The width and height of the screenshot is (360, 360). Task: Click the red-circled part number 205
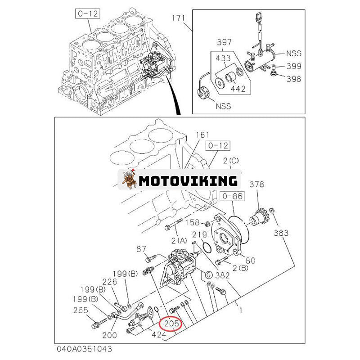(171, 324)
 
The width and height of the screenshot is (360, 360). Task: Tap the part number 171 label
(178, 18)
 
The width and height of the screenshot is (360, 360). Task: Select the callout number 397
(224, 42)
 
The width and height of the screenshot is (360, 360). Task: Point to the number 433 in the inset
(223, 58)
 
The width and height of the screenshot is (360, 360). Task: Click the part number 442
(238, 89)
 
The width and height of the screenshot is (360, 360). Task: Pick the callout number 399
(294, 66)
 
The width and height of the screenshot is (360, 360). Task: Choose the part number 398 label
(294, 79)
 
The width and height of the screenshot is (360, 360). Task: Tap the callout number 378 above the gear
(256, 184)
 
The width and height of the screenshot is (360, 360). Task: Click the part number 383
(281, 233)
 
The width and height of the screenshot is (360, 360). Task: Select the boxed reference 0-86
(232, 196)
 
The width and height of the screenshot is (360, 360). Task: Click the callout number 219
(199, 234)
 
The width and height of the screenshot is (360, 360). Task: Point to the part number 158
(193, 222)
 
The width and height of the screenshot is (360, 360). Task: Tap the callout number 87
(141, 249)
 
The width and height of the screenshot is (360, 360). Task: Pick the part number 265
(81, 310)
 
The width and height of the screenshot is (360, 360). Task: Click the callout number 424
(159, 335)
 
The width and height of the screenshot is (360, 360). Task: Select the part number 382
(222, 275)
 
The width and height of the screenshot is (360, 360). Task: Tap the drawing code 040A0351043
(84, 349)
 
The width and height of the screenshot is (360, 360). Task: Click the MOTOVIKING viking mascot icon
(129, 180)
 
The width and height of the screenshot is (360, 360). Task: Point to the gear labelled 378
(258, 217)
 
